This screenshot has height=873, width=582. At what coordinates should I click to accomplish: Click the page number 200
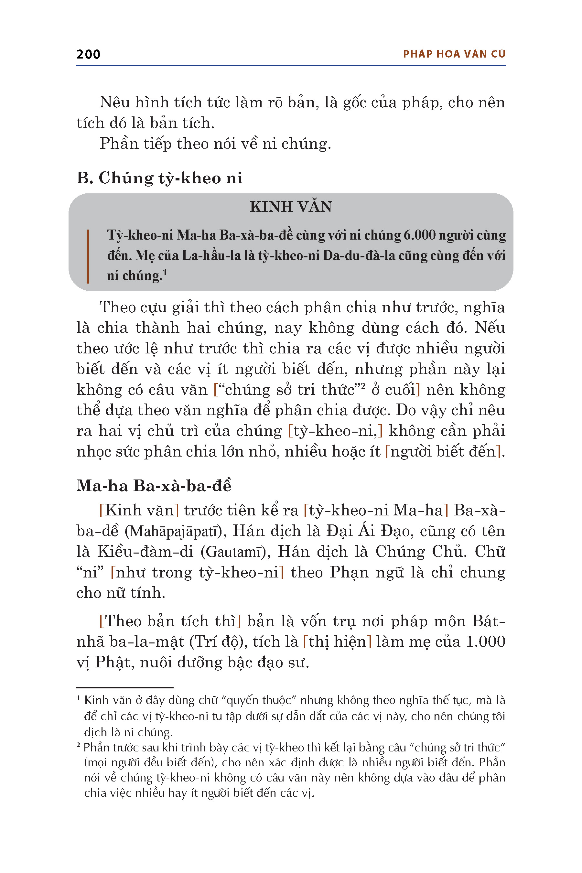pyautogui.click(x=88, y=54)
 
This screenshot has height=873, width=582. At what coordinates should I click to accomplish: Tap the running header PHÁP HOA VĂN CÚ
pyautogui.click(x=454, y=54)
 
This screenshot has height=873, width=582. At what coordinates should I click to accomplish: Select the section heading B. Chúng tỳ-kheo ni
pyautogui.click(x=160, y=178)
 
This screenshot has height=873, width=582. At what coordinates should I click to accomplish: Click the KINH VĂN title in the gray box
pyautogui.click(x=291, y=207)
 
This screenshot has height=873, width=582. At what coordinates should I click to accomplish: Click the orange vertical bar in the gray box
pyautogui.click(x=88, y=256)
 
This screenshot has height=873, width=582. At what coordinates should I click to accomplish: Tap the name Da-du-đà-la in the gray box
pyautogui.click(x=359, y=256)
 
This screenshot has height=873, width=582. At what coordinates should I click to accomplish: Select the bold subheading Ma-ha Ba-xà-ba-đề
pyautogui.click(x=154, y=486)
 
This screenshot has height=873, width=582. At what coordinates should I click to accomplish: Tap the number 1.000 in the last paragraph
pyautogui.click(x=485, y=642)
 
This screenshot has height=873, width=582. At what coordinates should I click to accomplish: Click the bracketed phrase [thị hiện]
pyautogui.click(x=337, y=642)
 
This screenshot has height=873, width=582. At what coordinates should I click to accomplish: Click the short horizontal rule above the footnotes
pyautogui.click(x=125, y=688)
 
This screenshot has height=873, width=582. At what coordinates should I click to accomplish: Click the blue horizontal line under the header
pyautogui.click(x=291, y=66)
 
